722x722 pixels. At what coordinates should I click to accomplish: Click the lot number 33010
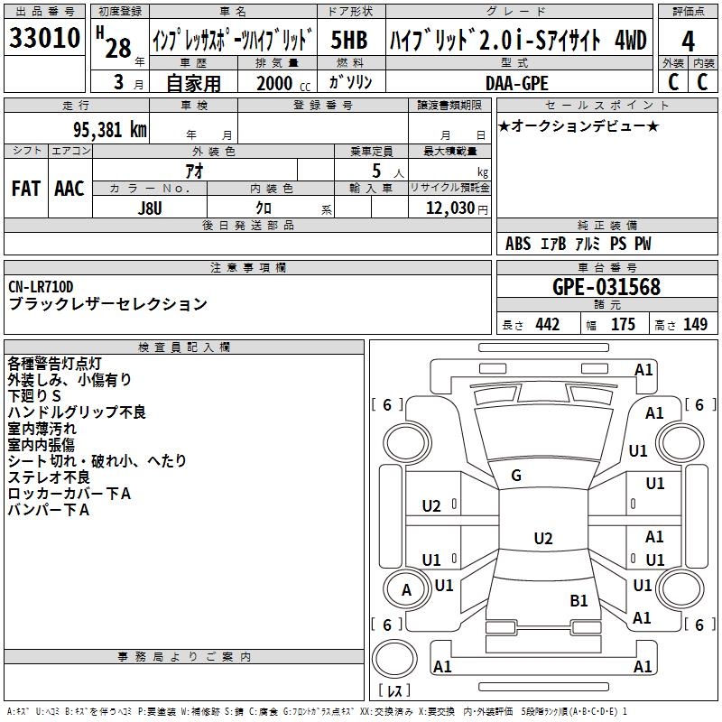(44, 39)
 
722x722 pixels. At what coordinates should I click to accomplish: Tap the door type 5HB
(348, 41)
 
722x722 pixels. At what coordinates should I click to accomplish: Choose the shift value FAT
(25, 189)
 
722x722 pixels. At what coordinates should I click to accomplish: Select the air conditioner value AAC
(69, 189)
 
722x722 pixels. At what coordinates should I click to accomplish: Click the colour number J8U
(150, 208)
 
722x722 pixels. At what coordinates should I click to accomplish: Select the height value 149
(695, 324)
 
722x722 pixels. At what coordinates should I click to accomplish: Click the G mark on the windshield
(516, 475)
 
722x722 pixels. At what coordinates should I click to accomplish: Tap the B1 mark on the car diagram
(579, 599)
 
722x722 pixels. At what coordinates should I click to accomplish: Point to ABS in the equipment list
(518, 244)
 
